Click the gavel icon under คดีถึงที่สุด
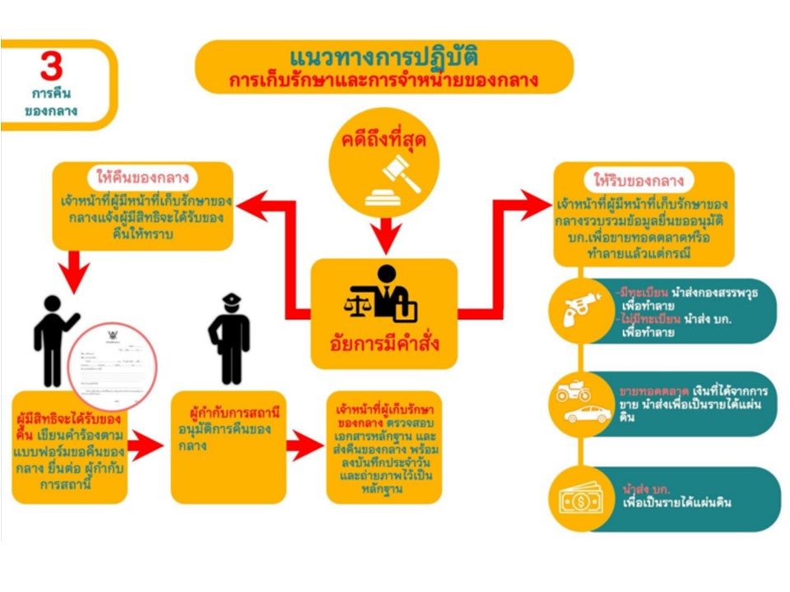tap(392, 179)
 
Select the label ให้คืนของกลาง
tap(142, 178)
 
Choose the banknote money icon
tap(583, 498)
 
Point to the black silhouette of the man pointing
tap(53, 337)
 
